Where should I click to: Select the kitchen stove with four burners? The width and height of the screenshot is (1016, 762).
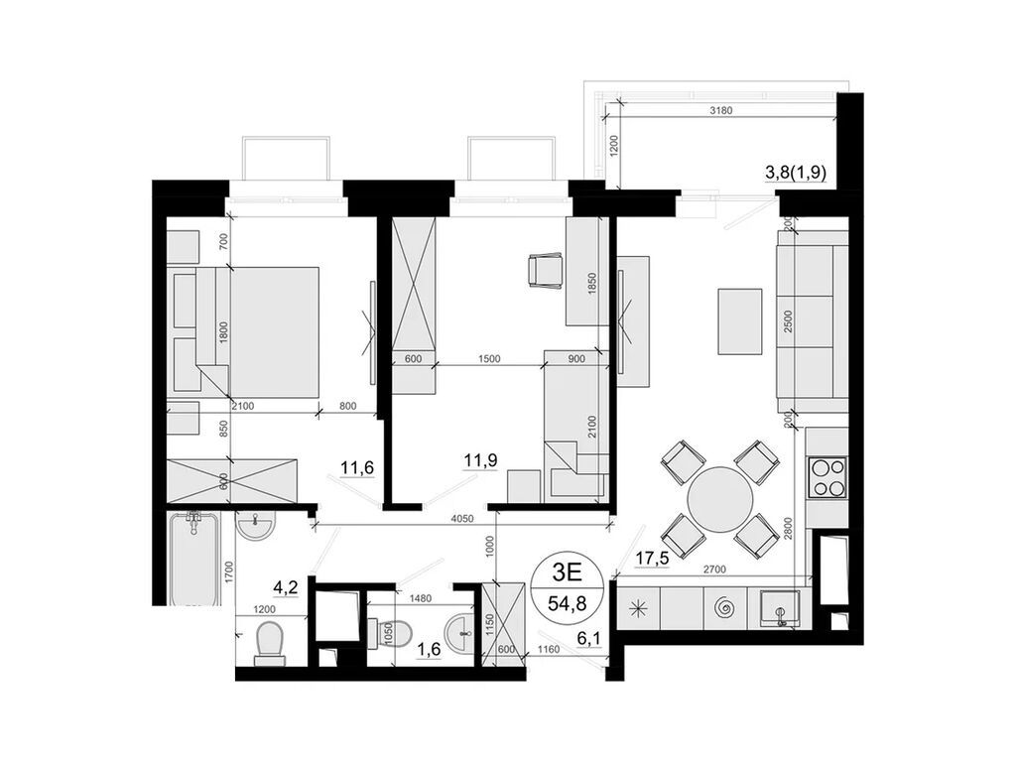point(828,476)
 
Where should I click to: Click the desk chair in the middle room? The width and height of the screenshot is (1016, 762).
point(545,270)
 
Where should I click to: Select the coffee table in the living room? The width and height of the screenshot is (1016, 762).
point(739,320)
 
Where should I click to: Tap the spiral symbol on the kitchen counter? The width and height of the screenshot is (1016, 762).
point(722,604)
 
